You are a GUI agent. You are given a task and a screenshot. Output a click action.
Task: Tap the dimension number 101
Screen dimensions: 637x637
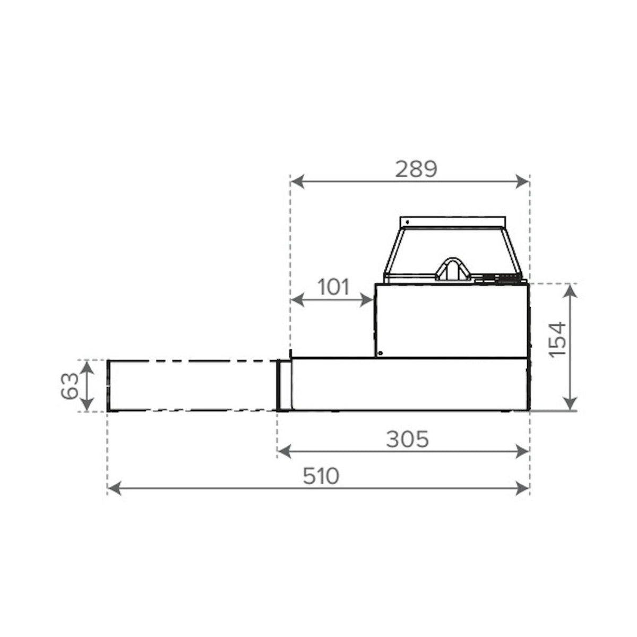click(x=333, y=287)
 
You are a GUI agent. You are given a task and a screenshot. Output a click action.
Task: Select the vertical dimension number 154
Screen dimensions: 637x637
click(x=558, y=340)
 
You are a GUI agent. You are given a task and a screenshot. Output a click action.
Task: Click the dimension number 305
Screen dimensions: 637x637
click(x=407, y=439)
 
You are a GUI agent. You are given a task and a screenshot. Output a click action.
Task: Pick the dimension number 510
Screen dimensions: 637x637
click(x=321, y=476)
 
